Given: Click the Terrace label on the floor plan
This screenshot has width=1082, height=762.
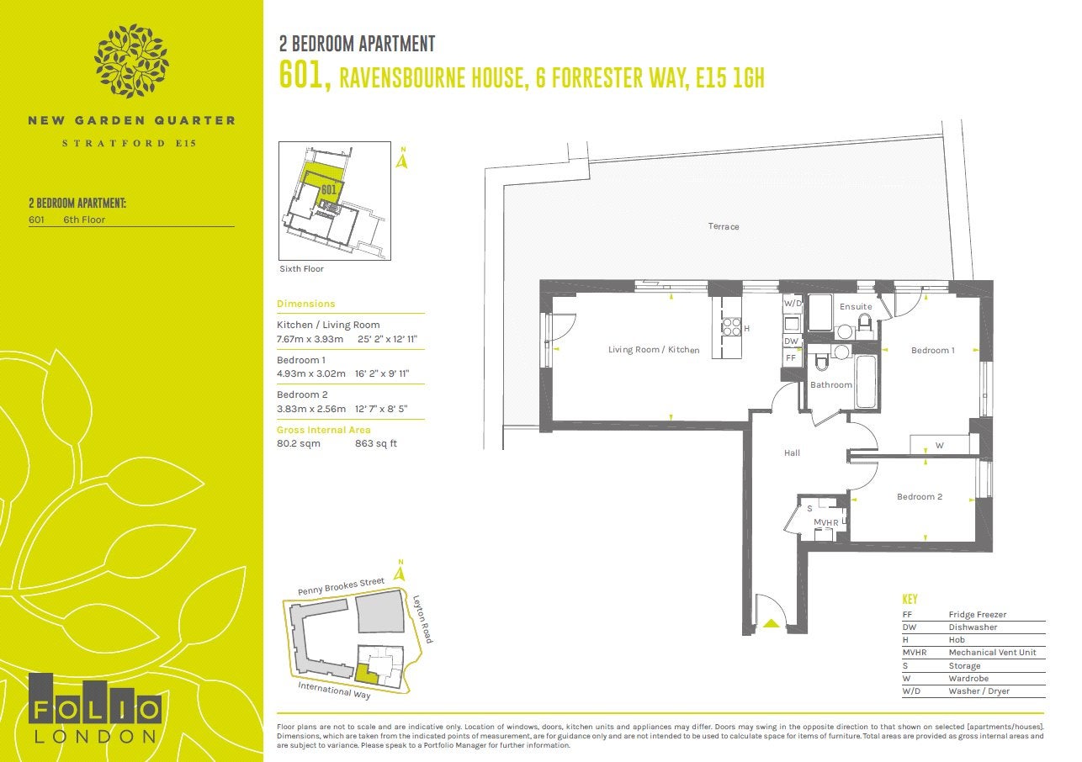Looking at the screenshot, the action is click(x=724, y=226).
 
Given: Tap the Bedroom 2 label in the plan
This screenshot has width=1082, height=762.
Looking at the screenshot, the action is click(x=920, y=496).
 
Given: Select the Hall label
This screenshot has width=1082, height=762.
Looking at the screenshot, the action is click(x=792, y=453).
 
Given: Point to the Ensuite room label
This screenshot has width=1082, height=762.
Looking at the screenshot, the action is click(x=856, y=307).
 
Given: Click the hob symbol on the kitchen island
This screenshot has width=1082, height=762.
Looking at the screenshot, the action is click(x=731, y=327).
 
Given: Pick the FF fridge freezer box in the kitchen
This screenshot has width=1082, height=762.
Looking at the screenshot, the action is click(x=791, y=358).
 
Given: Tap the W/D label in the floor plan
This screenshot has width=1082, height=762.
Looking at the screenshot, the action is click(x=793, y=304).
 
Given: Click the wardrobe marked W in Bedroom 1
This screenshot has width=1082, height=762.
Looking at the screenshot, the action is click(x=940, y=444).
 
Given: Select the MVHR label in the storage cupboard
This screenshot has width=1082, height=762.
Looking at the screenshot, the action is click(x=826, y=522).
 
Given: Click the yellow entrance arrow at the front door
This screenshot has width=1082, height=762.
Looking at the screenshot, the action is click(x=772, y=623).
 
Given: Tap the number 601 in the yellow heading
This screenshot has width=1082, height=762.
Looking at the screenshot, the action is click(x=305, y=76).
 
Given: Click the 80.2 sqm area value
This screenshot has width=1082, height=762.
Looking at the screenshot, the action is click(x=299, y=443).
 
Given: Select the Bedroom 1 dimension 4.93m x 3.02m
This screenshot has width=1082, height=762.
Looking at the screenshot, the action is click(x=311, y=373).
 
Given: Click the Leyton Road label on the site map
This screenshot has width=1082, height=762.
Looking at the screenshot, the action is click(x=422, y=619).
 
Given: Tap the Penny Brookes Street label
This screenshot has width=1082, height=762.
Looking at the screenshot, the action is click(x=341, y=586).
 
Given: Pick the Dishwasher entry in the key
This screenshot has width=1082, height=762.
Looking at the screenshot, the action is click(x=973, y=627).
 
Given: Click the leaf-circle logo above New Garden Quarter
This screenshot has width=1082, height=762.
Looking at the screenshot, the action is click(x=131, y=61).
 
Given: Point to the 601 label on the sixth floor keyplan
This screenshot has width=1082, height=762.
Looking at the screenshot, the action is click(x=328, y=189).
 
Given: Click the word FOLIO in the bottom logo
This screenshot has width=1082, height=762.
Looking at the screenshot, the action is click(x=96, y=709).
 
